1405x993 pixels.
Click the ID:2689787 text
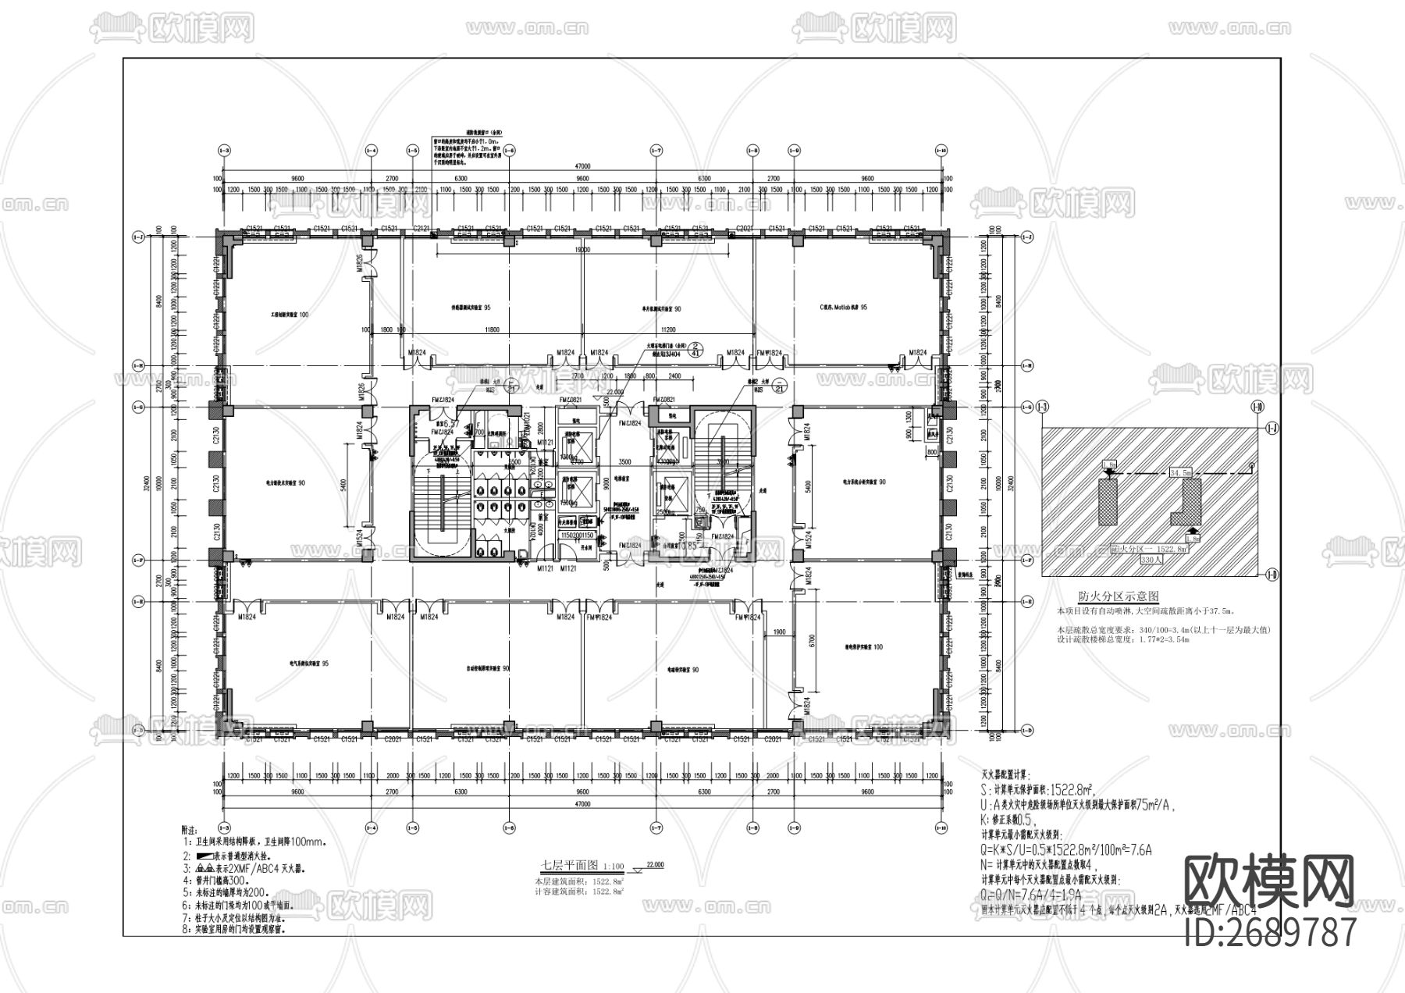click(x=1270, y=932)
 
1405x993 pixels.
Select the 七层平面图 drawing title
click(x=570, y=866)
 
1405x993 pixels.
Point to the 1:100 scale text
click(x=614, y=867)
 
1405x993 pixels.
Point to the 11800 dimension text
click(x=492, y=330)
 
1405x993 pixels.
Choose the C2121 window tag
click(x=421, y=228)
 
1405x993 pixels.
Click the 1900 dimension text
click(x=778, y=632)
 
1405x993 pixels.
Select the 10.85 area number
click(x=688, y=546)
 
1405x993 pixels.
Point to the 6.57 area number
click(x=450, y=420)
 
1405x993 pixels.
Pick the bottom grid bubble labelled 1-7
click(x=656, y=827)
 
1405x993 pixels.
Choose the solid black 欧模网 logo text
click(x=1269, y=883)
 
